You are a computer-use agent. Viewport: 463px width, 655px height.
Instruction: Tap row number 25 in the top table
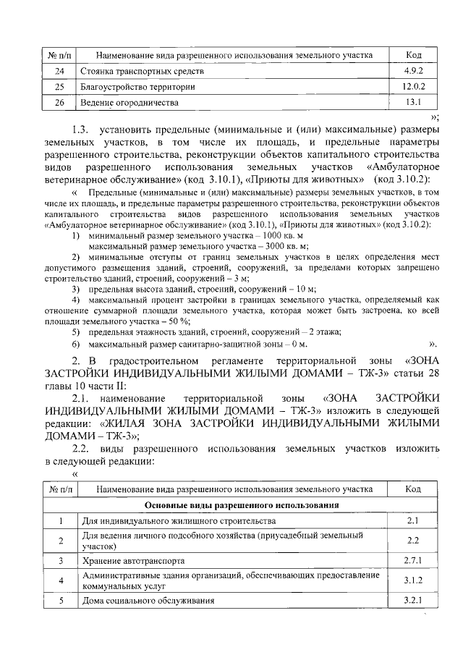[59, 88]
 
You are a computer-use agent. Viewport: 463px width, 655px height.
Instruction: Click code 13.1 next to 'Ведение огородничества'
[414, 102]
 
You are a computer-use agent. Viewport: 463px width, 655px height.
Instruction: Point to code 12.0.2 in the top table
[414, 88]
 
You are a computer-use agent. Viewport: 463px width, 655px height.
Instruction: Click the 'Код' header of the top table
[414, 55]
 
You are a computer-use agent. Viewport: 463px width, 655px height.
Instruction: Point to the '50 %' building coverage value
[175, 319]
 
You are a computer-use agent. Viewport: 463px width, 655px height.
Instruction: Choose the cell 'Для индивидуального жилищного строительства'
[177, 520]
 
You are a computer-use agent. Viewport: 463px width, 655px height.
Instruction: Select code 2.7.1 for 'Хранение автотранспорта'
[414, 560]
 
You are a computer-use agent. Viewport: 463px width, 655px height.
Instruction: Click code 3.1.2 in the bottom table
[414, 580]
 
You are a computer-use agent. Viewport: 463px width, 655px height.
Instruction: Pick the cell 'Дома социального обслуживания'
[149, 600]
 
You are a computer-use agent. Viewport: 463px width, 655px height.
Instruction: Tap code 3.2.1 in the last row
[414, 600]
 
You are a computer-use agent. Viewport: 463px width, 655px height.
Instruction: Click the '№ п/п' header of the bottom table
[59, 489]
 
